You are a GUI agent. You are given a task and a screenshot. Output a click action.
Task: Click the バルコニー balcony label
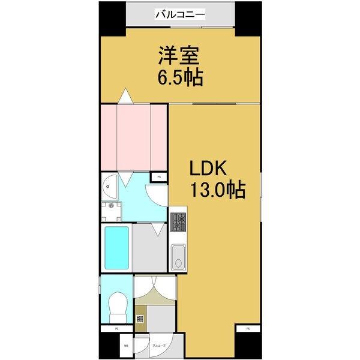(x=181, y=13)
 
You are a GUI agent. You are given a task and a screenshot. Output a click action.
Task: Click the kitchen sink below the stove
(x=178, y=258)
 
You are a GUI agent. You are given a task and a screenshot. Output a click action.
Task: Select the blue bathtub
(x=116, y=248)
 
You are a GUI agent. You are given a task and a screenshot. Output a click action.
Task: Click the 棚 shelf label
(x=139, y=319)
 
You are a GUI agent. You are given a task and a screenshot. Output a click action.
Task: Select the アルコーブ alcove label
(x=159, y=346)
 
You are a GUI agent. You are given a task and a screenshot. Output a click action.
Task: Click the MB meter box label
(x=126, y=346)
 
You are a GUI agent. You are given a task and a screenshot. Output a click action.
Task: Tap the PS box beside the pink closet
(x=159, y=177)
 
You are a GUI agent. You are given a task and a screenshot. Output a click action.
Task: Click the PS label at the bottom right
(x=248, y=329)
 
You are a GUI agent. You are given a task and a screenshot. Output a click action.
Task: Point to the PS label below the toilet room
(x=116, y=329)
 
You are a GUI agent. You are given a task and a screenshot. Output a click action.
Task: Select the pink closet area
(x=133, y=137)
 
